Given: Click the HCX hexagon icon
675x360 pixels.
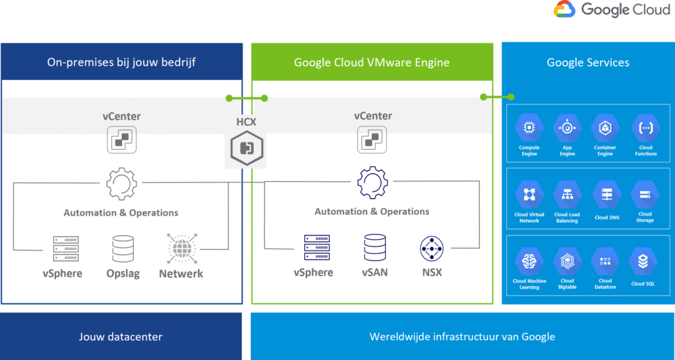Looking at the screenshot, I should pyautogui.click(x=247, y=147).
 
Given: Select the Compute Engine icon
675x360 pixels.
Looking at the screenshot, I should pyautogui.click(x=529, y=127).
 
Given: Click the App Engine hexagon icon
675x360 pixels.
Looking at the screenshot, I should pyautogui.click(x=567, y=127).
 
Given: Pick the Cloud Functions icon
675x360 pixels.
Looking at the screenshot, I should pyautogui.click(x=645, y=127).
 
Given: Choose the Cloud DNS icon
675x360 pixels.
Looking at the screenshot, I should pyautogui.click(x=606, y=195).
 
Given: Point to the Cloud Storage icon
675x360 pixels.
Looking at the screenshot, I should pyautogui.click(x=645, y=195).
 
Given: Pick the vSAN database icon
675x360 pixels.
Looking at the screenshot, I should pyautogui.click(x=374, y=248).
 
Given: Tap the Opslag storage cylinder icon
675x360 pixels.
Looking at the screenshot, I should pyautogui.click(x=123, y=249).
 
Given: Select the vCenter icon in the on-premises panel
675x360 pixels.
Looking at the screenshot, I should pyautogui.click(x=122, y=140).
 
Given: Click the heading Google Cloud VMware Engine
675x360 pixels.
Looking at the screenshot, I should pyautogui.click(x=372, y=63).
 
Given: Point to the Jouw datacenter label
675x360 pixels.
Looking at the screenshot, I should pyautogui.click(x=121, y=337).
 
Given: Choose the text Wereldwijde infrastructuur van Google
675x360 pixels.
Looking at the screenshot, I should pyautogui.click(x=462, y=337).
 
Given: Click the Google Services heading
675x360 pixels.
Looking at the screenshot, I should pyautogui.click(x=588, y=63).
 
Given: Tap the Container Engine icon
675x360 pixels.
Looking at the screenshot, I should pyautogui.click(x=605, y=127).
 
